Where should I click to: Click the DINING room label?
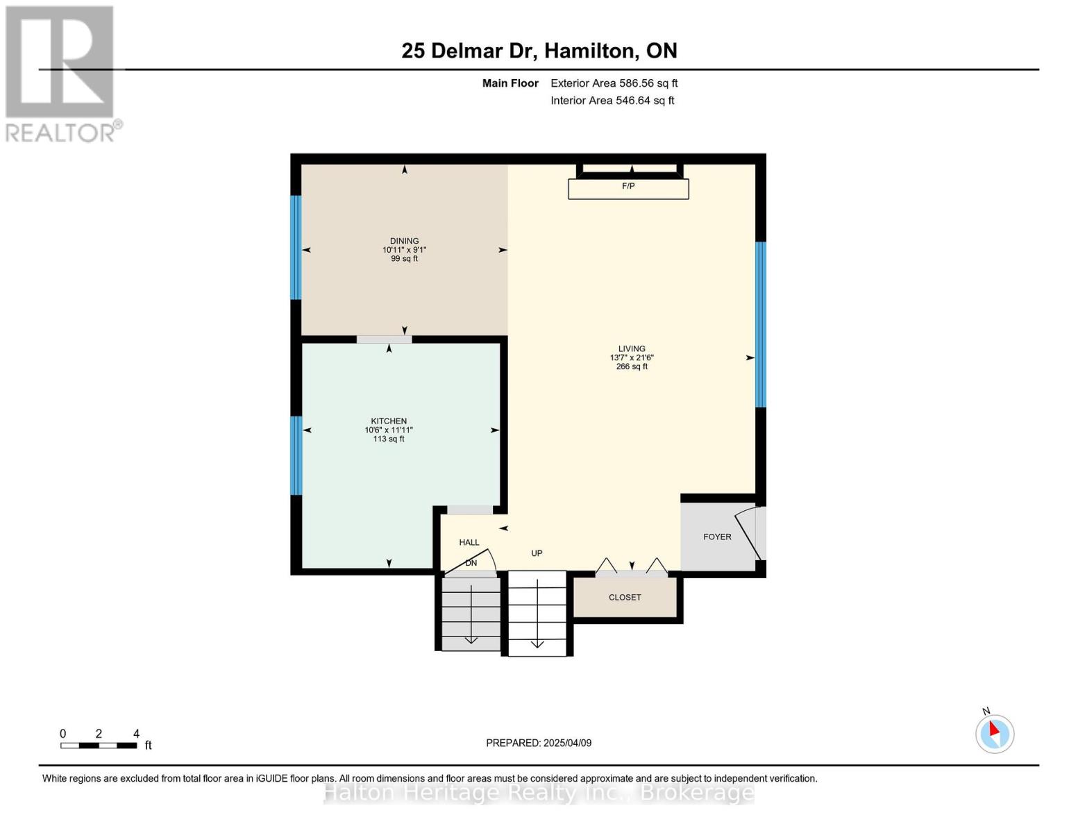pos(404,241)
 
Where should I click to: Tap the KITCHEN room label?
pos(389,421)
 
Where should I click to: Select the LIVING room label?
pos(632,348)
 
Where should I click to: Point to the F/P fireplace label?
pos(628,186)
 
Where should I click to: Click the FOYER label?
pos(717,537)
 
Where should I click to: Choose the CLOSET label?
pos(625,598)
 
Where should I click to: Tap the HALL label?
pos(469,542)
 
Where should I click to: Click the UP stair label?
pos(537,553)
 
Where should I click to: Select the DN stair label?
pos(471,562)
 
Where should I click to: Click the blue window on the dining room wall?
pos(296,247)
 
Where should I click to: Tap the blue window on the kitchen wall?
pos(296,455)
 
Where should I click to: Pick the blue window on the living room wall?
pos(761,324)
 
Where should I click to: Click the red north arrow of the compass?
pos(993,729)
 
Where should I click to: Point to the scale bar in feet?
pos(99,746)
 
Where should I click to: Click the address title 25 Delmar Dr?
pos(469,51)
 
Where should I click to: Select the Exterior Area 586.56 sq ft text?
pos(614,83)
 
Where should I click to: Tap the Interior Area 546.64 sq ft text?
pos(612,101)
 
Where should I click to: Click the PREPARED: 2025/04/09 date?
pos(538,743)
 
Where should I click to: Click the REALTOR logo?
pos(62,74)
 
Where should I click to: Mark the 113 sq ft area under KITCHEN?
pos(389,439)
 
